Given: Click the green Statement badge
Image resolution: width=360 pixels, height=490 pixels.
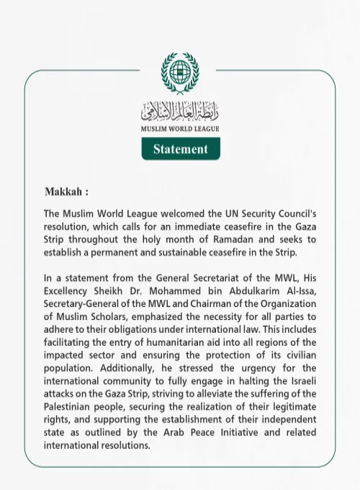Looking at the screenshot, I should (x=180, y=149).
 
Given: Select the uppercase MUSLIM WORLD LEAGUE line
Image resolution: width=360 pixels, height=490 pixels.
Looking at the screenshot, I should (x=180, y=129).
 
